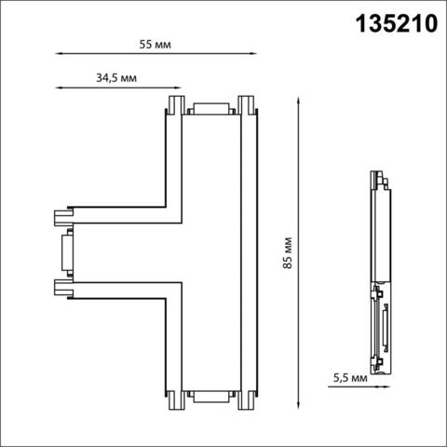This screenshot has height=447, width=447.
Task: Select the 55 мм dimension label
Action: coord(155,44)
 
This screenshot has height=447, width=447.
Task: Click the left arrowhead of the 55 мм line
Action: coord(59,54)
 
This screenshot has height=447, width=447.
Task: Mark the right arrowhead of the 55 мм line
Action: coord(251,54)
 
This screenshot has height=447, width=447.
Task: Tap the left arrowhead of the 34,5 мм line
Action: coord(59,89)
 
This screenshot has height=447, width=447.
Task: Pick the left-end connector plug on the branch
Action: coord(64,251)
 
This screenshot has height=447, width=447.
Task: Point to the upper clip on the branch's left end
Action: coord(63,217)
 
